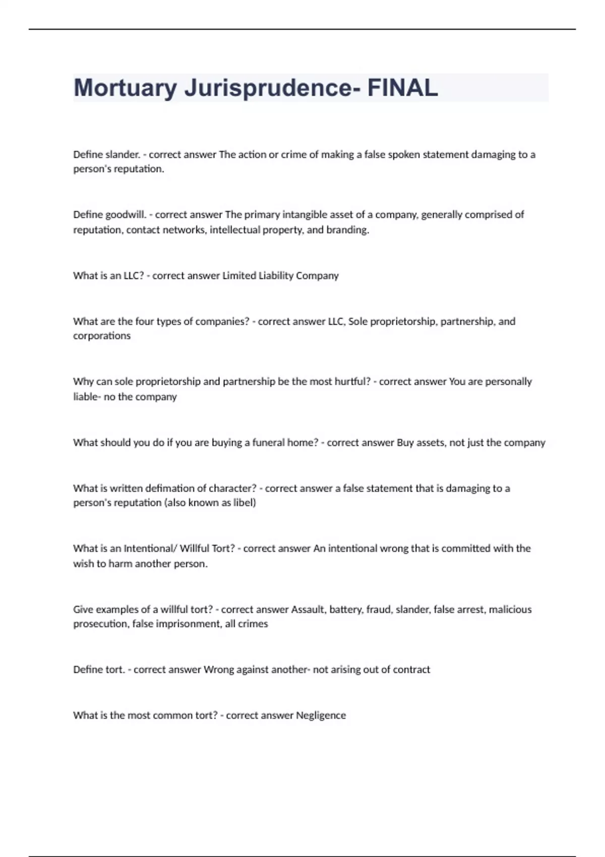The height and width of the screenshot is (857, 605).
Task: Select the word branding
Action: (347, 230)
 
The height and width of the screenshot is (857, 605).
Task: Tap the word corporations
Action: (102, 336)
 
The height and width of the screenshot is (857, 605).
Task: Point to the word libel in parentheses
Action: (244, 503)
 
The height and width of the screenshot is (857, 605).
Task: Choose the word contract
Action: (412, 669)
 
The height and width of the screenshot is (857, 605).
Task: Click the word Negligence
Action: (321, 715)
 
